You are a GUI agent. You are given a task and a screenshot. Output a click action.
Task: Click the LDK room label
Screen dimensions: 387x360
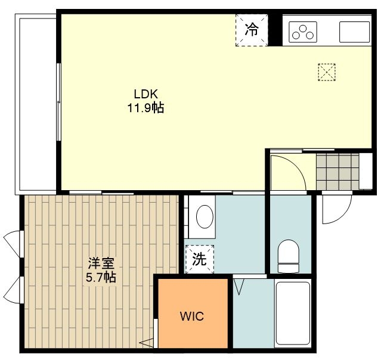tap(145, 94)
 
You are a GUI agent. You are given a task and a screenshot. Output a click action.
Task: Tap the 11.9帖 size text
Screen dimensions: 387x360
tap(145, 107)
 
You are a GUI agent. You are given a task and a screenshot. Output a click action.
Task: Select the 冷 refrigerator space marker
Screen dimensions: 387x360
tap(252, 30)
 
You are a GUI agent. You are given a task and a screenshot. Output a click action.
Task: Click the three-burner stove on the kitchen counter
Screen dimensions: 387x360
tap(303, 32)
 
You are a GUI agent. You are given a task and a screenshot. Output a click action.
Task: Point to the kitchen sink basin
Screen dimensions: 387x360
tap(355, 32)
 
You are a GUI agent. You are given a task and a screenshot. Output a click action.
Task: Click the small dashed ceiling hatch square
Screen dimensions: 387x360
tap(327, 72)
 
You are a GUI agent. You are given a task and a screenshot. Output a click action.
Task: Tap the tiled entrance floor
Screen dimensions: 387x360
tap(338, 172)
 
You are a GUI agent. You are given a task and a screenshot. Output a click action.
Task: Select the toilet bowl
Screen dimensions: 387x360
tap(289, 256)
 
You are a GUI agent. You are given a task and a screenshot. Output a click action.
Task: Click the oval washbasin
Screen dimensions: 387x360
tap(205, 216)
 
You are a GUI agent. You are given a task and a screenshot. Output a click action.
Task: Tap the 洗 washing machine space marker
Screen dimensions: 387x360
tap(199, 259)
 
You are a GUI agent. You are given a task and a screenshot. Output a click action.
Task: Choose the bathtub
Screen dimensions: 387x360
tap(293, 314)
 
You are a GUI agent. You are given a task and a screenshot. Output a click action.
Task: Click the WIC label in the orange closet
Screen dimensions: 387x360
tap(192, 316)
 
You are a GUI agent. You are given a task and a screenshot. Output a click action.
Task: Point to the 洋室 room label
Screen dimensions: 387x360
tap(101, 263)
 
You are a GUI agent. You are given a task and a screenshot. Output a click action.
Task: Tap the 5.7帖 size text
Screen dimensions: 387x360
tap(101, 277)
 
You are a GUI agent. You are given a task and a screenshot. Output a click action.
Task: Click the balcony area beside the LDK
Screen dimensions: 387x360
tap(36, 104)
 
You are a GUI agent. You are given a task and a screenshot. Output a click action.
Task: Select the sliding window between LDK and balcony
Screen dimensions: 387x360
tap(59, 102)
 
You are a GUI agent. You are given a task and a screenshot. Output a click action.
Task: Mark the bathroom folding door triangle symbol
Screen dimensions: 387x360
tap(239, 287)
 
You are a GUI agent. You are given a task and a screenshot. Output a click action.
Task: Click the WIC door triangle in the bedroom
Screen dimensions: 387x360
tap(147, 343)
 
